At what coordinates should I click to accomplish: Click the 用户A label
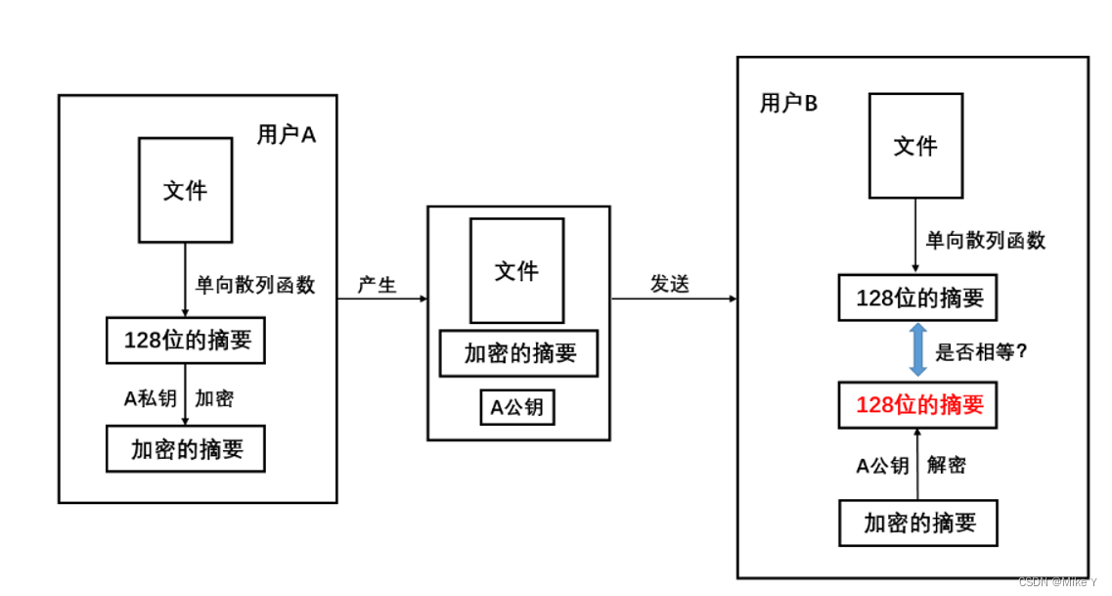click(x=287, y=135)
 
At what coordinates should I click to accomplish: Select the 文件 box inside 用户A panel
click(x=185, y=190)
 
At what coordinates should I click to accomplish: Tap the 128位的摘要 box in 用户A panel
click(x=186, y=341)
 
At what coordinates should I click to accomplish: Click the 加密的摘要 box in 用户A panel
click(x=186, y=449)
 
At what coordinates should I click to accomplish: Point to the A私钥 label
click(x=150, y=398)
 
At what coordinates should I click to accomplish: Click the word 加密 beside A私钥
click(x=214, y=398)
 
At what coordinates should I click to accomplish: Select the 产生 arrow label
click(x=377, y=285)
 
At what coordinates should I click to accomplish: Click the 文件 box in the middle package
click(x=516, y=270)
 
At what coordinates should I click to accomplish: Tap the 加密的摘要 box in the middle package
click(x=518, y=353)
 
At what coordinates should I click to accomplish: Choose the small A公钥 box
click(x=517, y=408)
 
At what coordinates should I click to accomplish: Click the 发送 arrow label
click(x=670, y=284)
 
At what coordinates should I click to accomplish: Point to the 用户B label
click(x=788, y=104)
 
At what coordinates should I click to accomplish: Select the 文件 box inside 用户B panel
click(x=915, y=146)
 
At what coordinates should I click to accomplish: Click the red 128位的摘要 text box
click(x=917, y=404)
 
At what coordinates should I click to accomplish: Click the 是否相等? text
click(x=981, y=352)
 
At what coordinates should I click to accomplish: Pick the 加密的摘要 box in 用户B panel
click(x=917, y=523)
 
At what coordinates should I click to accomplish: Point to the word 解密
click(x=946, y=466)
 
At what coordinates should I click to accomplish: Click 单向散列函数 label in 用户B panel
click(x=985, y=241)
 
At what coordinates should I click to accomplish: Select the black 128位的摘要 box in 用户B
click(x=917, y=298)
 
